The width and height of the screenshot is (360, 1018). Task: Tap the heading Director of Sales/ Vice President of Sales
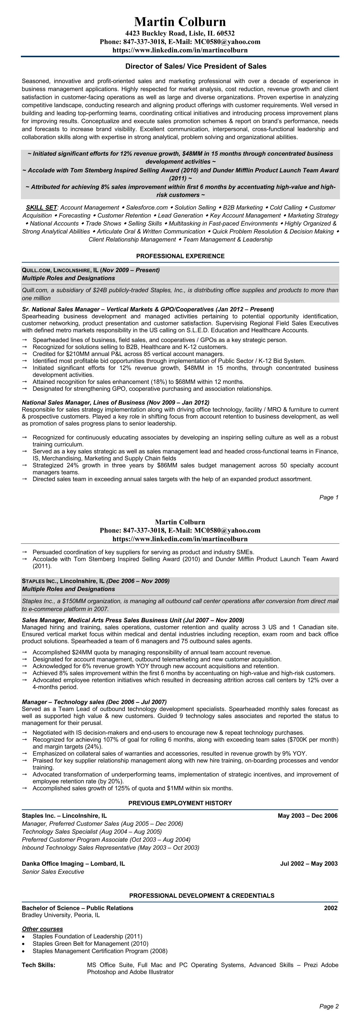click(x=196, y=66)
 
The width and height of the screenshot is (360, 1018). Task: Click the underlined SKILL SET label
click(x=42, y=208)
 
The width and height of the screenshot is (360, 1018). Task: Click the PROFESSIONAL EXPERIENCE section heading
click(x=180, y=256)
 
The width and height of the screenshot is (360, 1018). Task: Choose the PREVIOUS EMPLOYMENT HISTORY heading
click(x=180, y=803)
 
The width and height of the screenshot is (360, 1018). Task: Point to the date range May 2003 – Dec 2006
click(x=307, y=815)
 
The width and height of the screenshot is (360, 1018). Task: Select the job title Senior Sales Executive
click(x=53, y=872)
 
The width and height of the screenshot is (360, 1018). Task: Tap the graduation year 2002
click(x=331, y=908)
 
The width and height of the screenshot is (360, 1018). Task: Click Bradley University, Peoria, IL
click(x=61, y=915)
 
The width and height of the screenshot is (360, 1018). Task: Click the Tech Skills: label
click(x=39, y=965)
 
